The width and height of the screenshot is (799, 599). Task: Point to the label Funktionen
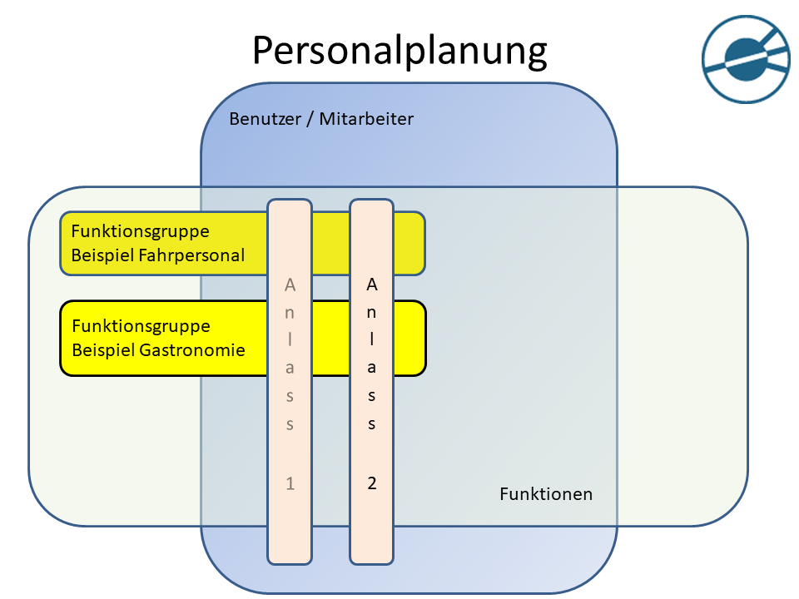pos(546,494)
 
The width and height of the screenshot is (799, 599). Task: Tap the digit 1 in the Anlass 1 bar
pos(290,483)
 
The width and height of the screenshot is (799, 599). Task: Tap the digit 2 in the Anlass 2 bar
pos(372,483)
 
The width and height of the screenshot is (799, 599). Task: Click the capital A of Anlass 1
pos(290,285)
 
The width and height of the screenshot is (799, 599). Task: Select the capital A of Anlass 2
pos(372,285)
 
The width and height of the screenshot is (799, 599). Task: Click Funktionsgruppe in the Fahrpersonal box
pos(140,231)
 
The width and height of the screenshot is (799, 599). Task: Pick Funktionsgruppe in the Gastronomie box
pos(141,325)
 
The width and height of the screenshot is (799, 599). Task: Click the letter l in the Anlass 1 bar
pos(290,339)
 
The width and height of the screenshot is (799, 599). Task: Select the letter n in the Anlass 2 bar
pos(372,313)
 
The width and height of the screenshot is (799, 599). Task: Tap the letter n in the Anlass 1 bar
pos(290,313)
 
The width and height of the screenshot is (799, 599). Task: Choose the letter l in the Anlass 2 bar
pos(372,339)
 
